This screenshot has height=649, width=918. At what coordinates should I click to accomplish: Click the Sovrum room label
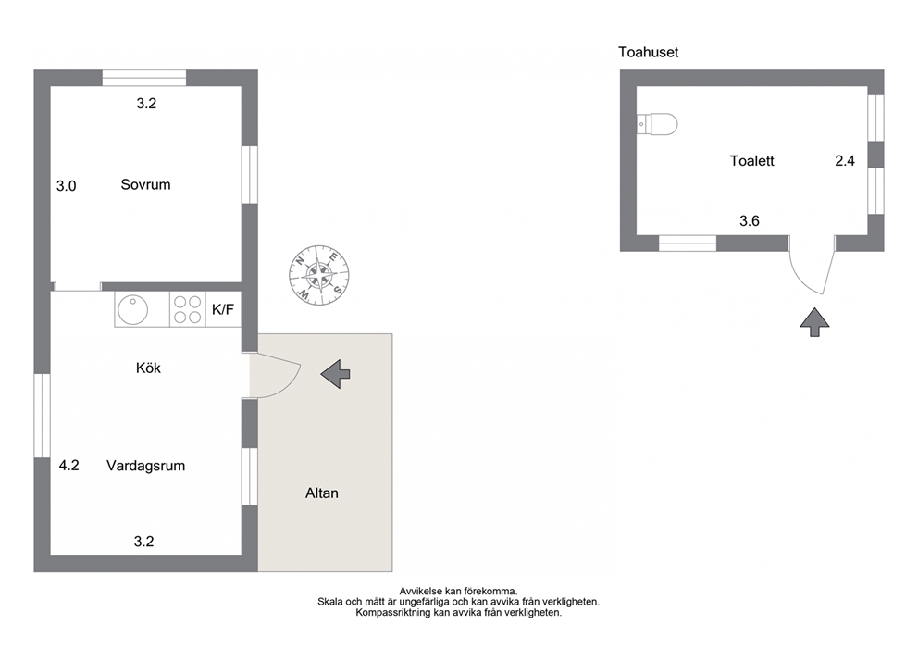point(146,184)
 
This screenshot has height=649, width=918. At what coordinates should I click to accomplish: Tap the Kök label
point(148,368)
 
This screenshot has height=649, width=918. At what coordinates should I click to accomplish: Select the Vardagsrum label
point(146,466)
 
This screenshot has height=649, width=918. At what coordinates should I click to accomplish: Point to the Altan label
point(322,493)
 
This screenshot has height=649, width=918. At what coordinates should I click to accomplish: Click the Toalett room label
point(751,160)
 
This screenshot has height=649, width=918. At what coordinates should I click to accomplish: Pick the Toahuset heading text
point(648,52)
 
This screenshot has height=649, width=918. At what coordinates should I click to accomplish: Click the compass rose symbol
point(319,275)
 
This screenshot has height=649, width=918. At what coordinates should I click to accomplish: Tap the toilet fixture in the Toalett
point(657,124)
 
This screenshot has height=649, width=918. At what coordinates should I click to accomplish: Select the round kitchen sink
point(133,309)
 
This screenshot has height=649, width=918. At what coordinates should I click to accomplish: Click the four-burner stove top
point(187,309)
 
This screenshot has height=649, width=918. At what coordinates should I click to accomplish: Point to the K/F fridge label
point(222,309)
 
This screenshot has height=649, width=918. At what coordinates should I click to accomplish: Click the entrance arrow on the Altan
point(336,374)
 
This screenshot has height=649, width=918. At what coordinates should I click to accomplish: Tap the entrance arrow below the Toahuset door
point(814,322)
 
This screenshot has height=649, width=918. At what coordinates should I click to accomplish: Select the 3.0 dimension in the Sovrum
point(66,186)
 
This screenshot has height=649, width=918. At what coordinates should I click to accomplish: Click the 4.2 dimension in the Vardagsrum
point(69,466)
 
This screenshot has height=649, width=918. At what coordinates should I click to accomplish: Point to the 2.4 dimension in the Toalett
point(845,160)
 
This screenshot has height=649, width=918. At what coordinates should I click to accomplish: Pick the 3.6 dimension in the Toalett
point(750,221)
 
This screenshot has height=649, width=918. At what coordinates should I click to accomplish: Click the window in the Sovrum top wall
point(144,78)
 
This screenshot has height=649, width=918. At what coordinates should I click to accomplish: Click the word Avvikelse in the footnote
point(421,592)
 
